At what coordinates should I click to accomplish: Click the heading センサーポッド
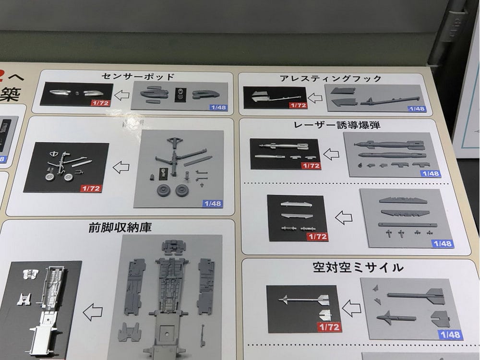tap(138, 76)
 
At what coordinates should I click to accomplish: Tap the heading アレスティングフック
tap(331, 78)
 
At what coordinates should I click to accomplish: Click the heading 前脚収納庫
tap(120, 227)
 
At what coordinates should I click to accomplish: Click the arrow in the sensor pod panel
tap(122, 94)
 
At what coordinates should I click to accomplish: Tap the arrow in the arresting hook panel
tap(315, 98)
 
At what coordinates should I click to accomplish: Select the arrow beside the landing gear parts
tap(120, 167)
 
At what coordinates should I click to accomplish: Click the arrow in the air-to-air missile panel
tap(351, 308)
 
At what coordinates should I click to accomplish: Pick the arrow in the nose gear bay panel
tap(92, 312)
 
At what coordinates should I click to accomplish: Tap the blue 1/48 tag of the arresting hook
tap(416, 108)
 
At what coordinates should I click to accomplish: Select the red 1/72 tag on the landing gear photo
tap(91, 188)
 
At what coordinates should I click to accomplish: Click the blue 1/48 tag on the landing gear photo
tap(212, 204)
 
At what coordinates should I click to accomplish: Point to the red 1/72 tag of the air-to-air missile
tap(329, 327)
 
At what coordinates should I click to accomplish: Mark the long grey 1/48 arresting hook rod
tap(389, 100)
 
